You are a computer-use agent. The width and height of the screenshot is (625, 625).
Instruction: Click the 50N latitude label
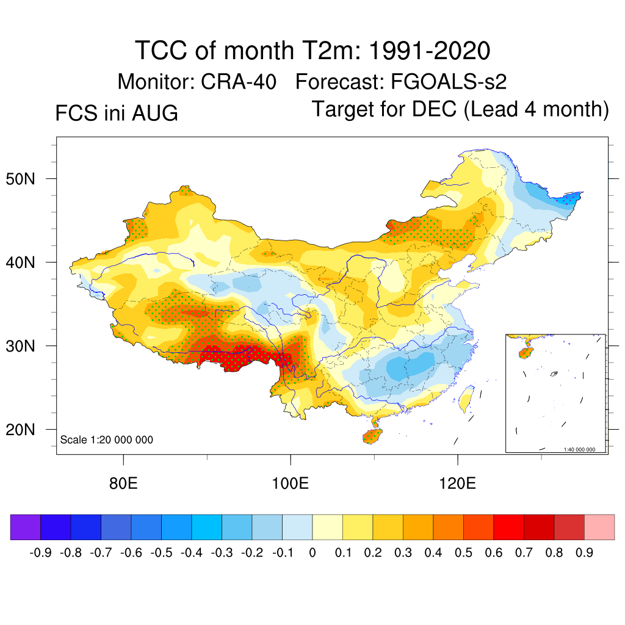20,179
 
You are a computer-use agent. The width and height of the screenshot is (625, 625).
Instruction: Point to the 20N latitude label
20,430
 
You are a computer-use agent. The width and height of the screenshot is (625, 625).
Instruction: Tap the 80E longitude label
123,483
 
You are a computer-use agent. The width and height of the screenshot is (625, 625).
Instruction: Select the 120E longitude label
458,483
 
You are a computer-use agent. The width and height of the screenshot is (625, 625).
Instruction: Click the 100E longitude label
290,483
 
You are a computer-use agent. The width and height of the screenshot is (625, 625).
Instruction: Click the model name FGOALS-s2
449,82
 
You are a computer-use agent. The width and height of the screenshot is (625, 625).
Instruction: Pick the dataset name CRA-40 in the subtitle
239,82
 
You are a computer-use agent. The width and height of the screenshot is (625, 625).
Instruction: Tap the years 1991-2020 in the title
429,51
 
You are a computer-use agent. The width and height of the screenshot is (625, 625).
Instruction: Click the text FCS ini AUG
117,113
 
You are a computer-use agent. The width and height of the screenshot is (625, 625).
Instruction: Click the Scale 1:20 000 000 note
106,439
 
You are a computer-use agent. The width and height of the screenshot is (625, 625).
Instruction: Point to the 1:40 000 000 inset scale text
579,450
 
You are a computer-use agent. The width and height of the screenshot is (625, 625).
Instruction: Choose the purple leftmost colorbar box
26,527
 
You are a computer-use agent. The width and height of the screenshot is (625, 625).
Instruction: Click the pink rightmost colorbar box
599,527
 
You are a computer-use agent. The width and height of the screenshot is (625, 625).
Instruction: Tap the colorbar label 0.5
463,553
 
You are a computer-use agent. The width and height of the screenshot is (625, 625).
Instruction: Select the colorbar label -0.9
40,553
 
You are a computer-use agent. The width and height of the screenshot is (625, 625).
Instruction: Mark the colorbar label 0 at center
312,553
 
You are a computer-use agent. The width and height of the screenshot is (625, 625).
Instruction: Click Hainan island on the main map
372,436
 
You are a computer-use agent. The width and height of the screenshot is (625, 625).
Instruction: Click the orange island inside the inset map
526,353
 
